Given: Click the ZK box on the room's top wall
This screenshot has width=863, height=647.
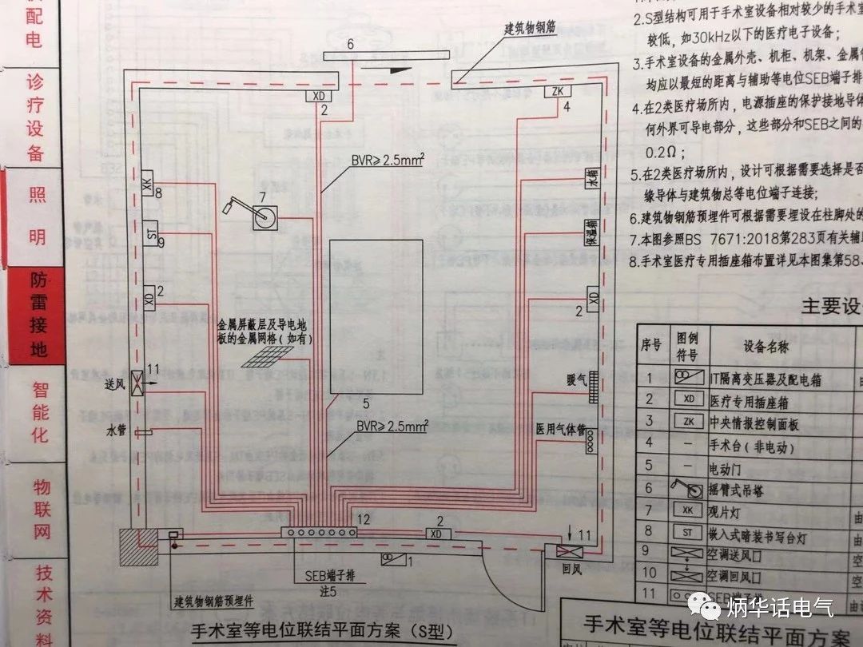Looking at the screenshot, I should (555, 91).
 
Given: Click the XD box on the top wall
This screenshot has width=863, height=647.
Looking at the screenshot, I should (320, 96).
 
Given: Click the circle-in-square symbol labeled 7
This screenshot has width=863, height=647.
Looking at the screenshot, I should (264, 217).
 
